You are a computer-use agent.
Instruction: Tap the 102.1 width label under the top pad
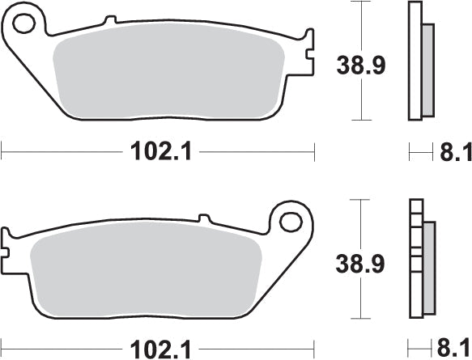159,151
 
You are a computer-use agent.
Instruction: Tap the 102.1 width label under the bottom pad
159,350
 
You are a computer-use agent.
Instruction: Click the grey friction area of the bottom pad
146,275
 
